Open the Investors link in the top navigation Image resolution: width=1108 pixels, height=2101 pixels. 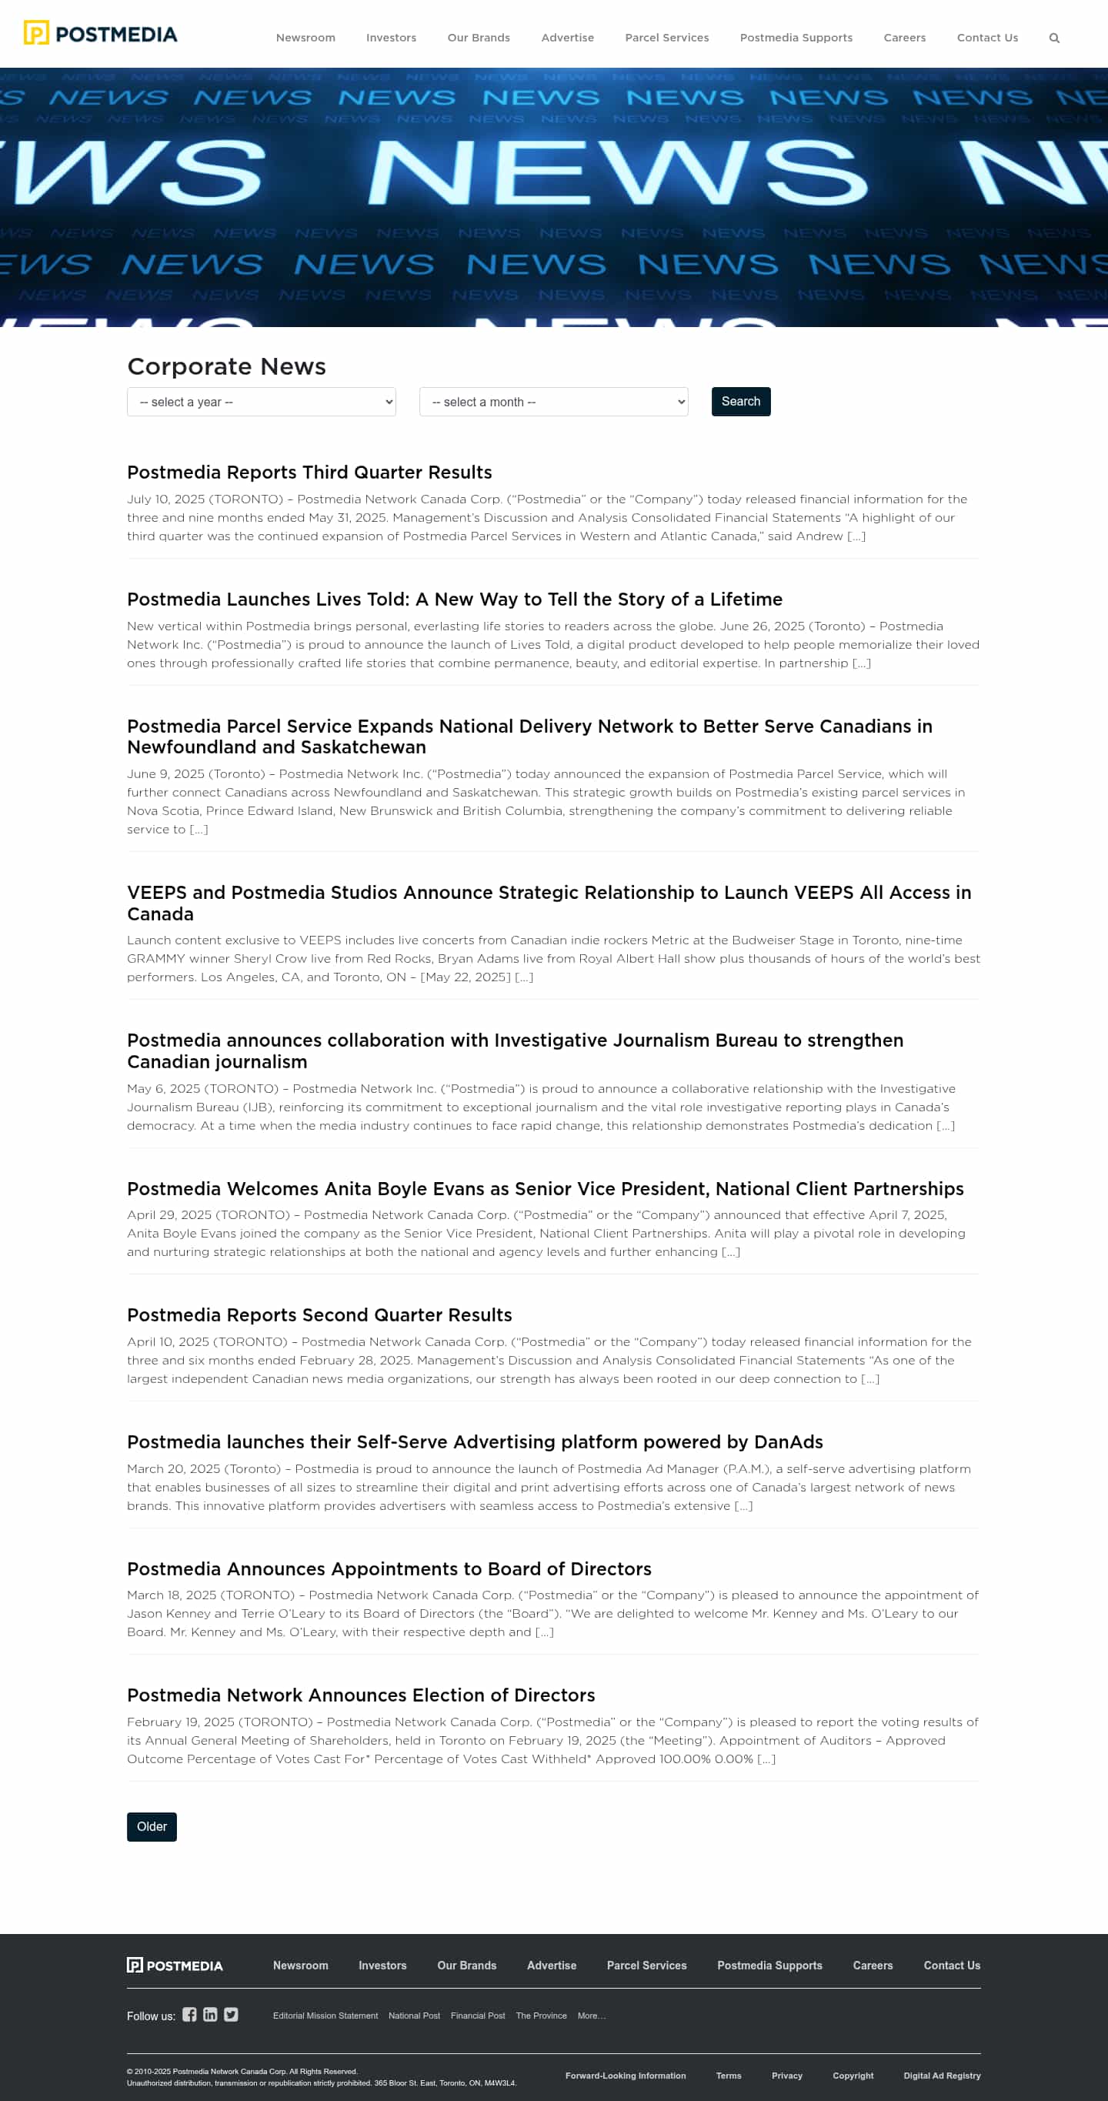391,38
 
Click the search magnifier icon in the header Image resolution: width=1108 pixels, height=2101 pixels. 1053,38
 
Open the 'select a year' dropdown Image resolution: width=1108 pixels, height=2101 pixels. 261,402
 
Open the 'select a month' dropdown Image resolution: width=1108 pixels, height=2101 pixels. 552,402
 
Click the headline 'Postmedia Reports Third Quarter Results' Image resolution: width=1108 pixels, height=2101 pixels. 309,473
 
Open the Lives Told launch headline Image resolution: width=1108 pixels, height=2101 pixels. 454,600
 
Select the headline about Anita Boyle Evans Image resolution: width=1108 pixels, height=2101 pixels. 545,1188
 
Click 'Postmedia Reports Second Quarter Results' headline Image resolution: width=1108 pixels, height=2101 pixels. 319,1314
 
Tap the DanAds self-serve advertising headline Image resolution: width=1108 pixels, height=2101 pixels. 475,1442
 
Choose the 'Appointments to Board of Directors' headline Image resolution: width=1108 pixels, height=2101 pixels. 389,1568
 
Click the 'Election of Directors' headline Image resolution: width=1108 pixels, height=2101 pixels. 360,1695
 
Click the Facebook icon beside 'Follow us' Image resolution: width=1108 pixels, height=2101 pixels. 189,2015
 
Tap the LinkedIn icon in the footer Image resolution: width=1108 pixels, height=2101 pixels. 210,2015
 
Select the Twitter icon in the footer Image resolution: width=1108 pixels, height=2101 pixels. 232,2015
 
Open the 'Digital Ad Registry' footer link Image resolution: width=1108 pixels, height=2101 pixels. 941,2076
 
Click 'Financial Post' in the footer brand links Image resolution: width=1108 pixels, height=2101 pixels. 478,2016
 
